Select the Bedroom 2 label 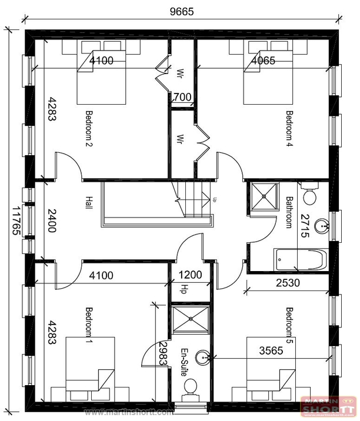(89, 129)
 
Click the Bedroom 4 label (289, 129)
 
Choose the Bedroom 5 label (289, 325)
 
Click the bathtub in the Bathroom (299, 259)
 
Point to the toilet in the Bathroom (309, 193)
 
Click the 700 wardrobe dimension (182, 98)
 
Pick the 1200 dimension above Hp (190, 275)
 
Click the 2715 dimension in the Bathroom (305, 226)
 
